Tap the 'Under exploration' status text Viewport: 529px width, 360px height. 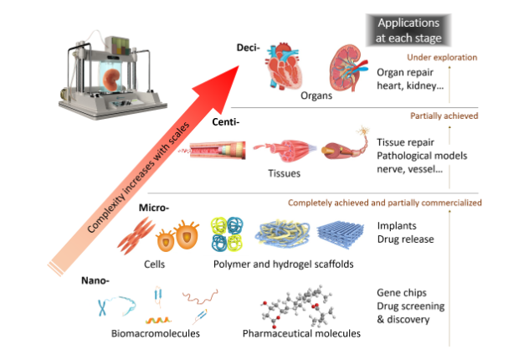coord(442,58)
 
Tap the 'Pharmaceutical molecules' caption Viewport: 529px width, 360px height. coord(301,333)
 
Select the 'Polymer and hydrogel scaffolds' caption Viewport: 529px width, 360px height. coord(279,265)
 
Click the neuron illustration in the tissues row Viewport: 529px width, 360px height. coord(352,150)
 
